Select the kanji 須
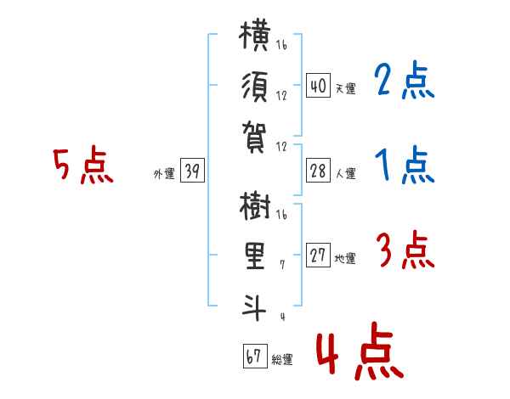(255, 87)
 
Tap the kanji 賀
(254, 137)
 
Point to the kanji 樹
(255, 205)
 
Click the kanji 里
(255, 256)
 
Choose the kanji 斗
(254, 307)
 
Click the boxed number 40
(318, 85)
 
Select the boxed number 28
(318, 170)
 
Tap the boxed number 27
(318, 255)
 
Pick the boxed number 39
(192, 170)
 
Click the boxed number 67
(255, 356)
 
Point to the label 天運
(345, 88)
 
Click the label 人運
(345, 173)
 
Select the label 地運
(345, 258)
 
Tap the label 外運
(164, 174)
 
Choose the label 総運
(282, 359)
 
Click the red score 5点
(83, 165)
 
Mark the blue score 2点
(404, 80)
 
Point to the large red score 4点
(360, 351)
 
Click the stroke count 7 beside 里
(282, 265)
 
